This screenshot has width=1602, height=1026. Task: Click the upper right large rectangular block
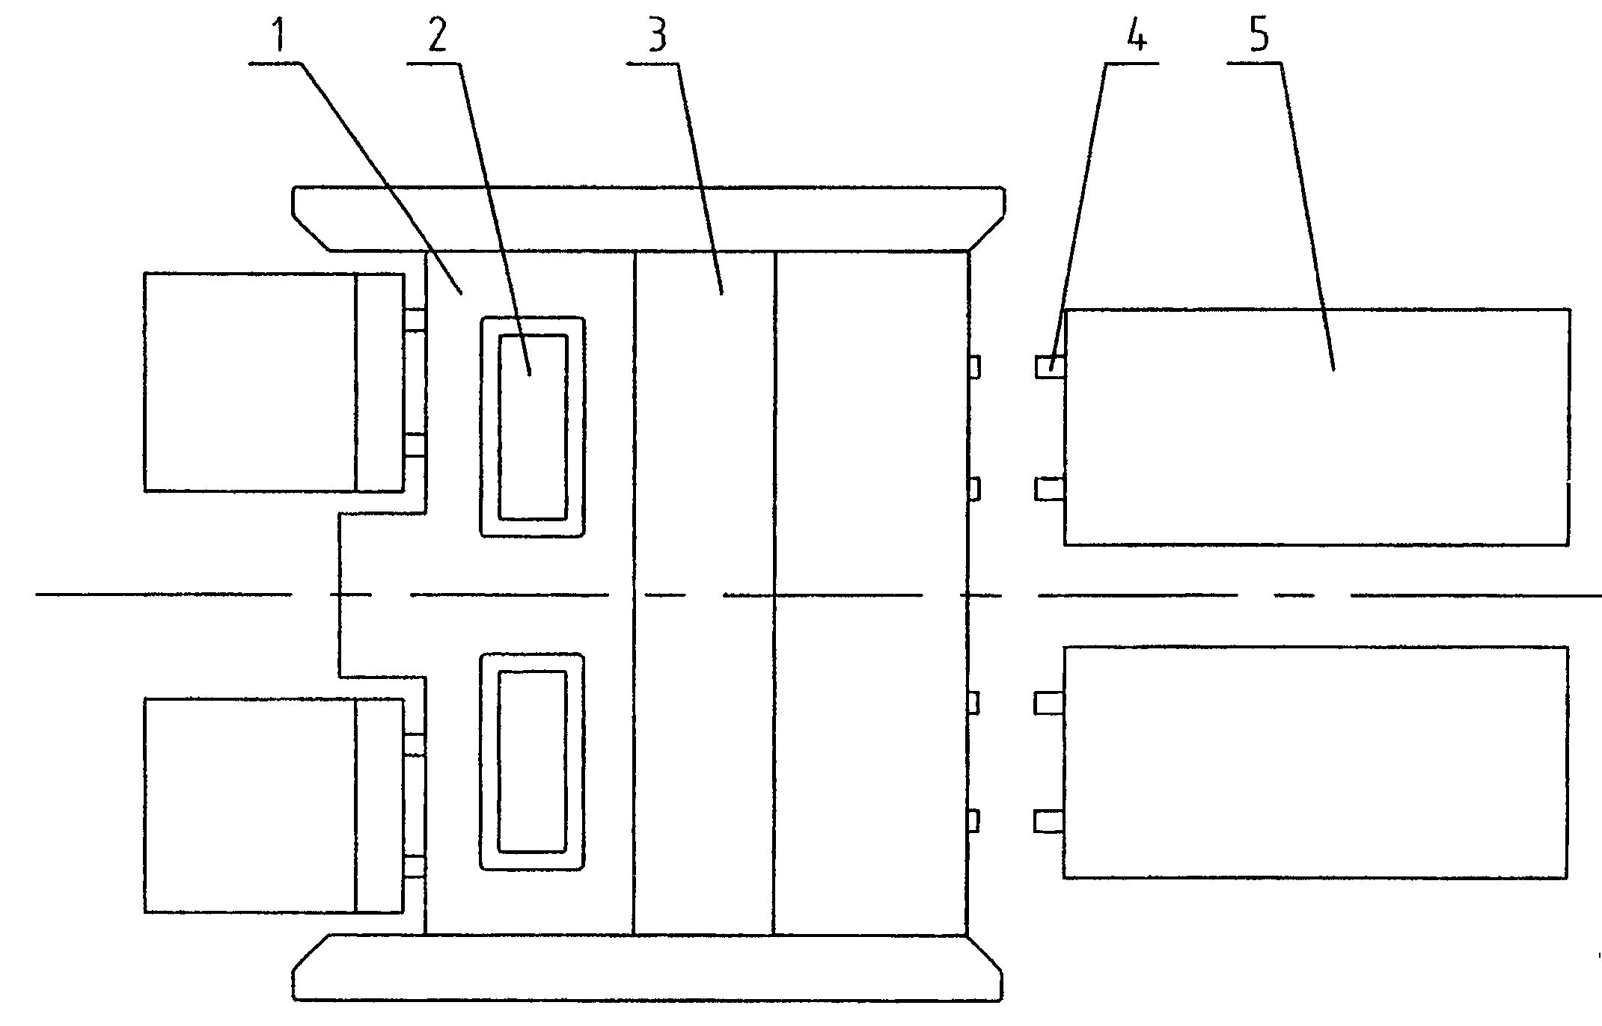1317,426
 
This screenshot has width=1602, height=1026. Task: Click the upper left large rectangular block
249,381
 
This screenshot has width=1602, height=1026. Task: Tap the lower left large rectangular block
249,805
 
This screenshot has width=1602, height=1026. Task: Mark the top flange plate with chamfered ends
648,218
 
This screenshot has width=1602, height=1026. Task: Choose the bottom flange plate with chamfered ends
648,968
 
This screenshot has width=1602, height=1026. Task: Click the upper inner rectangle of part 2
533,427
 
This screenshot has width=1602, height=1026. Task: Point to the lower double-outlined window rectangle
532,762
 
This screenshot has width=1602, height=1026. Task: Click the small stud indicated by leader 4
1050,366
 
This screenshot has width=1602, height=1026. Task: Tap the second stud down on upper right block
1050,489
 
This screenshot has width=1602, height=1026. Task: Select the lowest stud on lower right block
1049,822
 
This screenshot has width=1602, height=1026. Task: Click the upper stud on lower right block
1049,704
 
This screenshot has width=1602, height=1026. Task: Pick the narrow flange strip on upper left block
380,382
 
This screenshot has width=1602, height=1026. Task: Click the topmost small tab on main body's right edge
973,367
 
